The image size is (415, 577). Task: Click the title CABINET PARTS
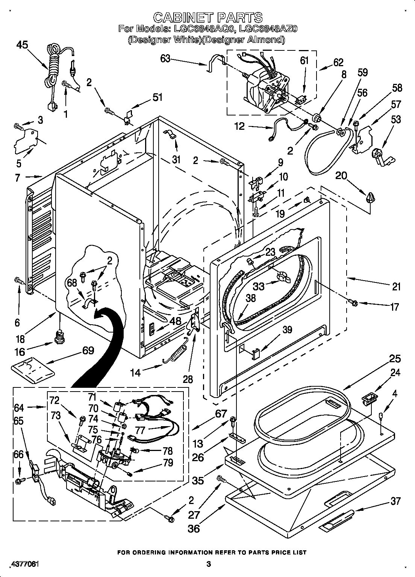(208, 17)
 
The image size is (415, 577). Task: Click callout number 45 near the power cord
(22, 45)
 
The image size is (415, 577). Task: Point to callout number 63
(165, 59)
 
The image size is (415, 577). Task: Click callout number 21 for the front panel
(396, 287)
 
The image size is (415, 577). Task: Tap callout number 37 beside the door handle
(395, 501)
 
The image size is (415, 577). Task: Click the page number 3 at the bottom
(209, 564)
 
